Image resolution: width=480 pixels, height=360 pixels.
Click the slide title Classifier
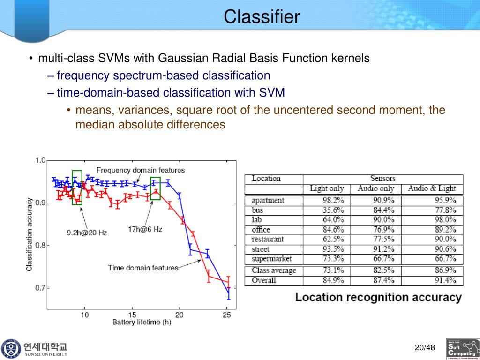[262, 17]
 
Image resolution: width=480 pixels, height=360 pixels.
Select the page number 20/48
[425, 348]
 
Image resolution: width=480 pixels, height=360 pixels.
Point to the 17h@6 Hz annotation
[145, 229]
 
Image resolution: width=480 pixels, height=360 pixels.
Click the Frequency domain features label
[141, 170]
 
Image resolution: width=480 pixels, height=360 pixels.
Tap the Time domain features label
[143, 268]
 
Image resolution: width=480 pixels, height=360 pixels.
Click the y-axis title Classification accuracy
[29, 234]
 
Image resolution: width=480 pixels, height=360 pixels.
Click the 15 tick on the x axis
[133, 315]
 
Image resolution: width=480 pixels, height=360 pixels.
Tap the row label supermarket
[271, 259]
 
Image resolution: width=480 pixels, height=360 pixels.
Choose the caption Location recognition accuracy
[378, 297]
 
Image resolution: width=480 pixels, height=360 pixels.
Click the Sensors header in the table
[382, 179]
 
